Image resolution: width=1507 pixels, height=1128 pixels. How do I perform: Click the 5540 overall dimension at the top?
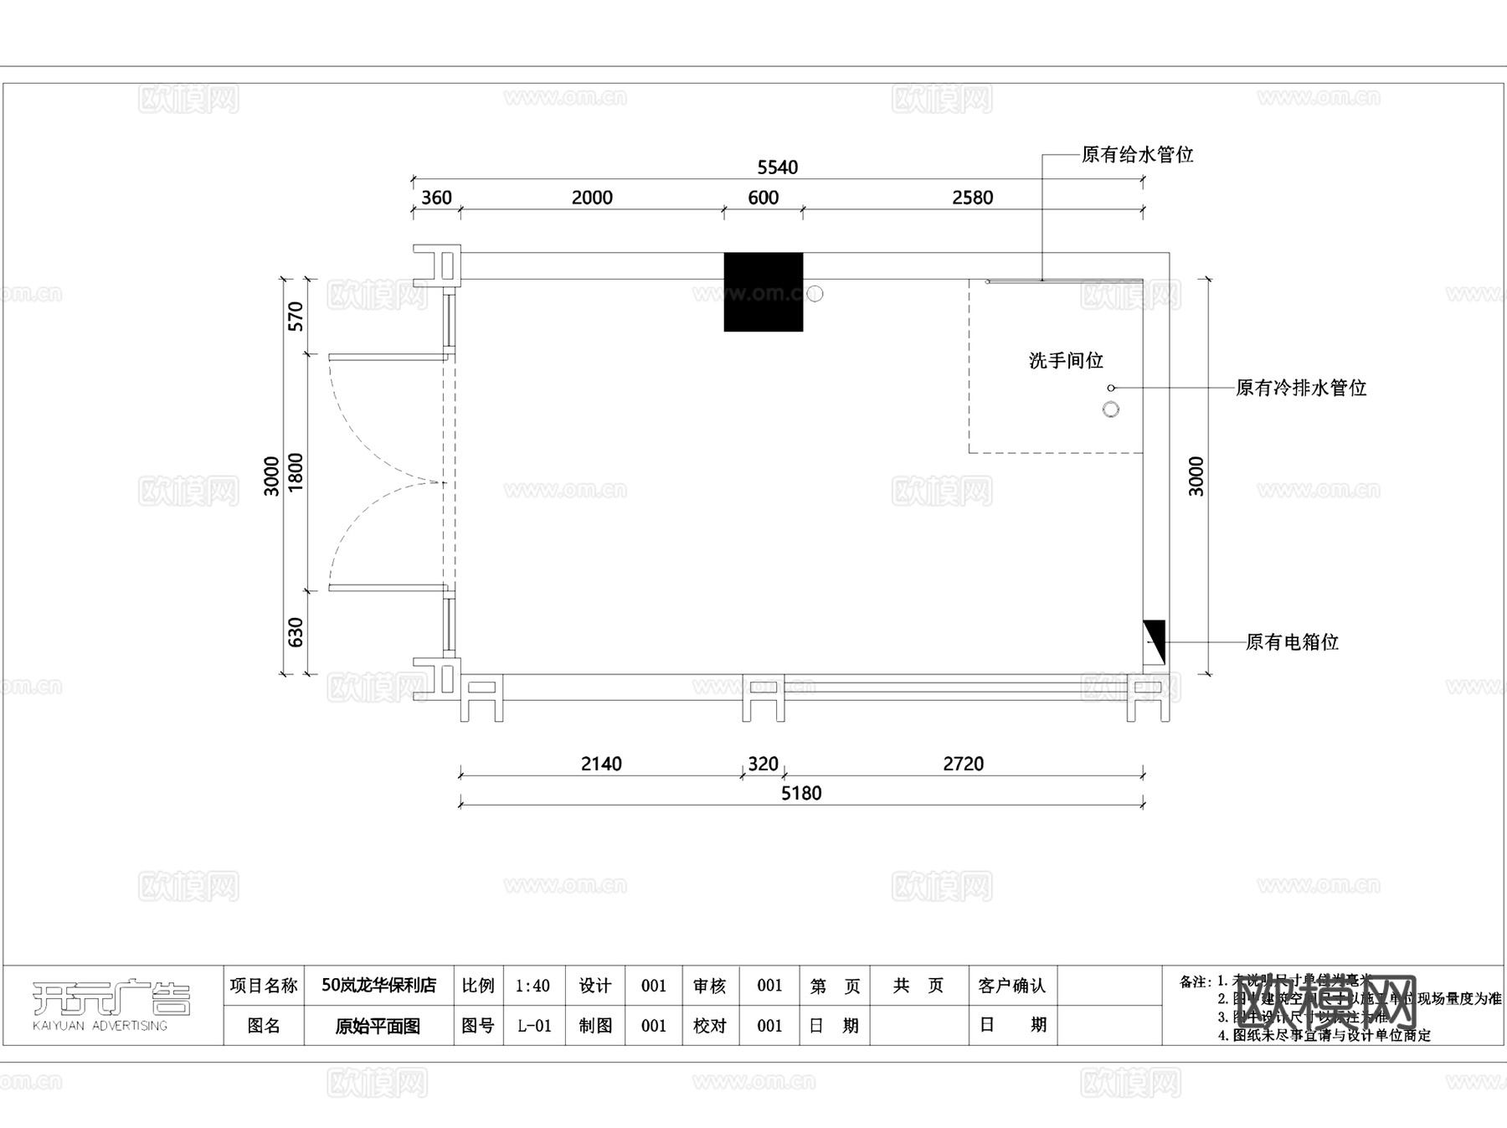pos(777,167)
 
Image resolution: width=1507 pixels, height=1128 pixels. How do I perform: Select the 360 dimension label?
pos(436,198)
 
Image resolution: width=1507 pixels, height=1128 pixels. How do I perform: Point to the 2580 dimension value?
pos(972,198)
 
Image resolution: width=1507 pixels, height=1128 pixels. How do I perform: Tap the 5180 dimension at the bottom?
pos(801,793)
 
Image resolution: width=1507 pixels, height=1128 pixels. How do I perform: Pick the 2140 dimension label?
pos(601,764)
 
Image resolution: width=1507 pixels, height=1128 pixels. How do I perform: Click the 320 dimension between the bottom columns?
pos(763,764)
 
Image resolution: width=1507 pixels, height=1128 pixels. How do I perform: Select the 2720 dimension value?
pos(963,764)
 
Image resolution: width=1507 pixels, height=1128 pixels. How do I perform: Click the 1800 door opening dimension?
pos(296,472)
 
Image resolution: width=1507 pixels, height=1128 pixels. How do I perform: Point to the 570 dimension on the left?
pos(296,317)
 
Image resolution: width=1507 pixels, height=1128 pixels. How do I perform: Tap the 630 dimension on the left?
pos(296,632)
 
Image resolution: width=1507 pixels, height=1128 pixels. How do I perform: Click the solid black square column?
pos(763,291)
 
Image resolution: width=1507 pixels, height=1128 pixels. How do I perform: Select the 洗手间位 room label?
pos(1066,361)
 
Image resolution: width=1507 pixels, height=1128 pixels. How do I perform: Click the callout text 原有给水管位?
pos(1137,155)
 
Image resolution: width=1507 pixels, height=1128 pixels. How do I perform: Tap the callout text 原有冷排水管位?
pos(1300,388)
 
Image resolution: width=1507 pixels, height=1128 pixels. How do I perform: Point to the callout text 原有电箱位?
pos(1292,642)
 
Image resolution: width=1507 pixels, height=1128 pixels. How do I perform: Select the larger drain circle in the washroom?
pos(1111,409)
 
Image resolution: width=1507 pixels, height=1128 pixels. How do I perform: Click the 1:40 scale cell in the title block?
pos(533,986)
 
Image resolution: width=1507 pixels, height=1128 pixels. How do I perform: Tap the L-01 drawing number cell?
pos(533,1026)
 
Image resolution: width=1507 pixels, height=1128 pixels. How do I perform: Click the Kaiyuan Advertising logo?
pos(111,1003)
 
